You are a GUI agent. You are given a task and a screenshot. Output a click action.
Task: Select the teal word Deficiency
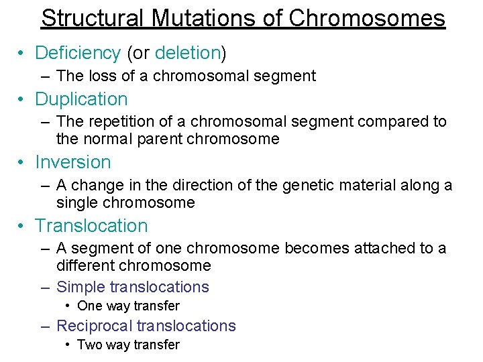pyautogui.click(x=78, y=53)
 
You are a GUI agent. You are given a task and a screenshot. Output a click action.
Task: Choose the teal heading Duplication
pyautogui.click(x=81, y=99)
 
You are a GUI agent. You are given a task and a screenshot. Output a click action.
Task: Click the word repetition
pyautogui.click(x=125, y=121)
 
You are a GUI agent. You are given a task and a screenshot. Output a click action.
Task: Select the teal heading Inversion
pyautogui.click(x=72, y=162)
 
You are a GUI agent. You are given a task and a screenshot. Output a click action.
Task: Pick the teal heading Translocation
pyautogui.click(x=91, y=226)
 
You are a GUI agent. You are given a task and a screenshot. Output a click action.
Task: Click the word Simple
pyautogui.click(x=80, y=288)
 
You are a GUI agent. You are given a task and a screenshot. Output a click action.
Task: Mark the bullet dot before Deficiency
pyautogui.click(x=23, y=54)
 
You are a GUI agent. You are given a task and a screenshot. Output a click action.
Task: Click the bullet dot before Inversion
pyautogui.click(x=23, y=163)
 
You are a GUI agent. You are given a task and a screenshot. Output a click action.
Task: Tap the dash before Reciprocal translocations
pyautogui.click(x=45, y=326)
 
